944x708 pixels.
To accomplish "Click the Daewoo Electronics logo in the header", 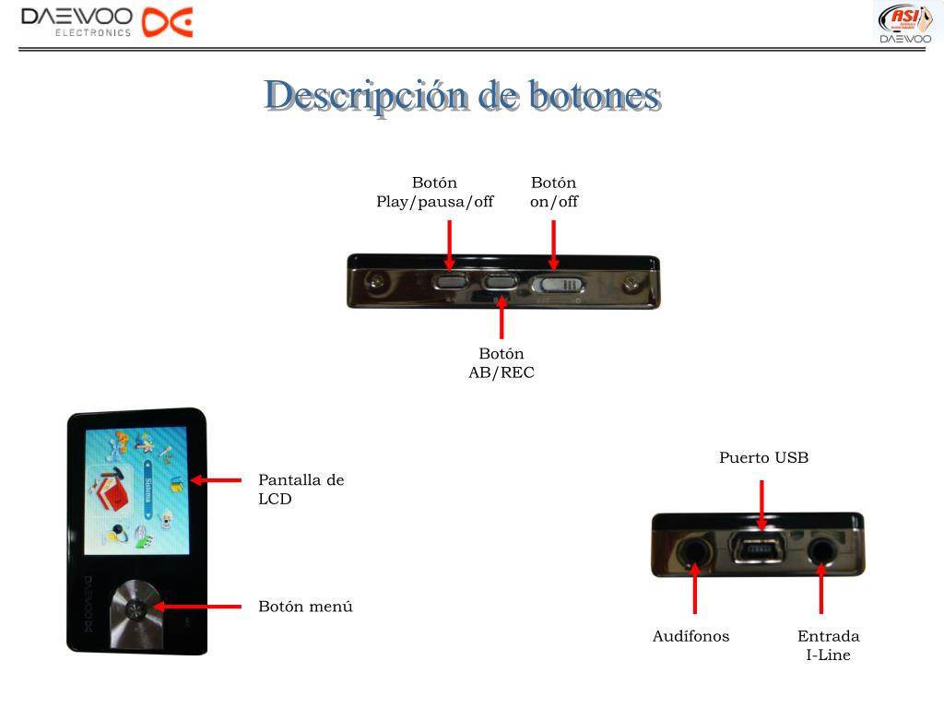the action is click(x=107, y=22).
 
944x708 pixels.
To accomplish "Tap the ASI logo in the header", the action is click(x=903, y=22).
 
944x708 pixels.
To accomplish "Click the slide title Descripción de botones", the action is click(x=463, y=96).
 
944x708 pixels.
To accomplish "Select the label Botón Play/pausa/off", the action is click(x=434, y=193).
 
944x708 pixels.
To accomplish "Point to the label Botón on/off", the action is click(x=553, y=193).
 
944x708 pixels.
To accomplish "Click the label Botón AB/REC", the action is click(x=501, y=363).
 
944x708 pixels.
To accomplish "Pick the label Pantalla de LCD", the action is click(x=301, y=490).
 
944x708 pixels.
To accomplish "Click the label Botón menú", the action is click(x=305, y=607).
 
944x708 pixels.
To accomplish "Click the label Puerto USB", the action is click(x=763, y=457).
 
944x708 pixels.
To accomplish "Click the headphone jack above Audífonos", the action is click(x=695, y=552).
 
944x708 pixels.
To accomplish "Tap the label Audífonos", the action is click(x=690, y=636).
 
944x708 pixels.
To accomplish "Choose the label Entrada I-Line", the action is click(x=828, y=645).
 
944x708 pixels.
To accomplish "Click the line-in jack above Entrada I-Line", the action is click(x=821, y=551).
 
